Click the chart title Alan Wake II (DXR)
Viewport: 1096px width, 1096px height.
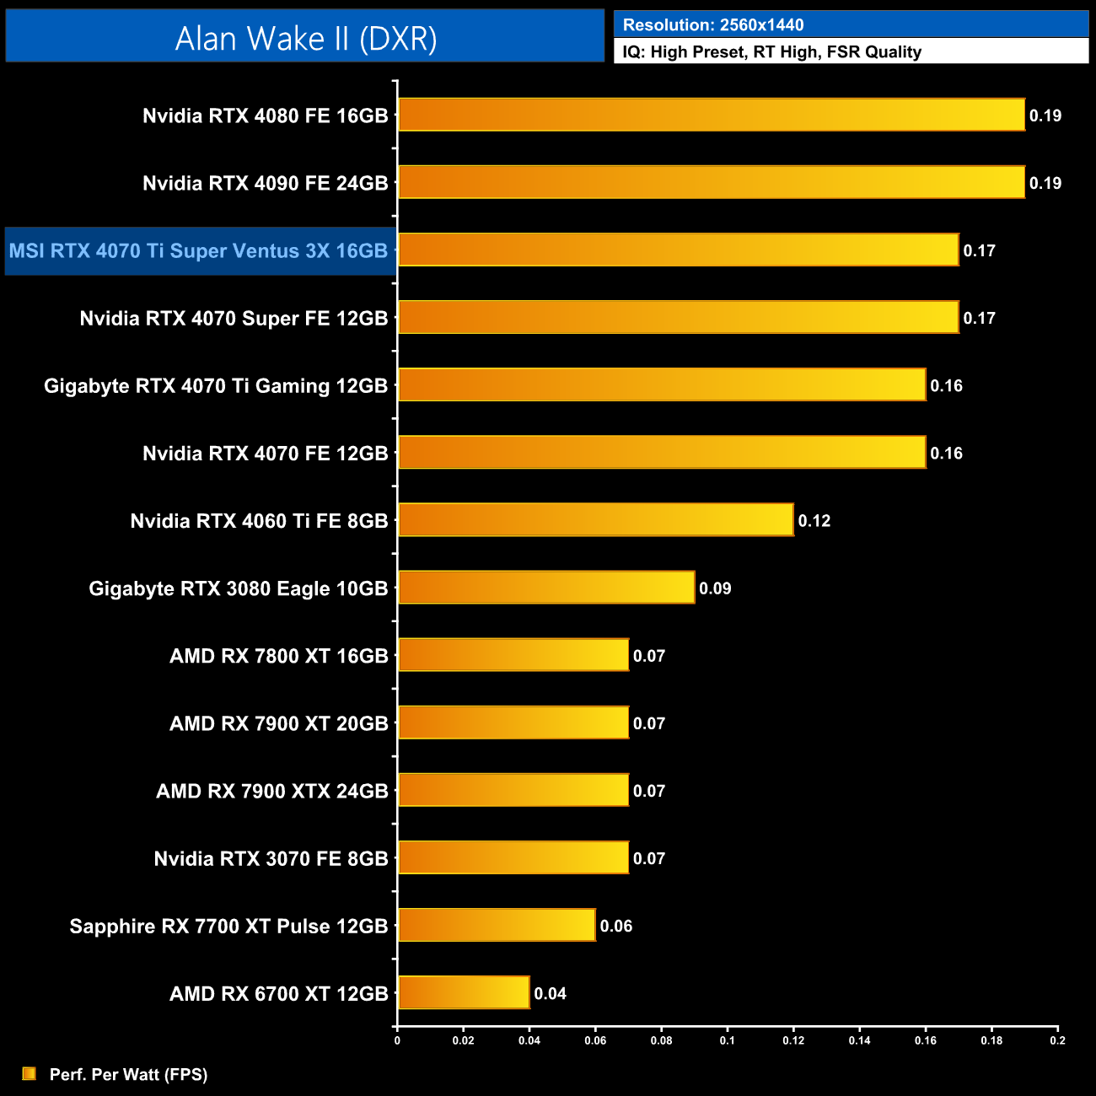click(305, 38)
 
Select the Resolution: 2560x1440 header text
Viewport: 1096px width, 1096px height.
click(712, 25)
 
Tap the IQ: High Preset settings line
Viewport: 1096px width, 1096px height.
click(771, 52)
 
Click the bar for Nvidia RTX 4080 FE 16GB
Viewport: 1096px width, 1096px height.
click(711, 115)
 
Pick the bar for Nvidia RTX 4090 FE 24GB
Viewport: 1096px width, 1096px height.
click(711, 182)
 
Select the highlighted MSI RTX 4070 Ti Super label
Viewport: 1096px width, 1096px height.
click(199, 251)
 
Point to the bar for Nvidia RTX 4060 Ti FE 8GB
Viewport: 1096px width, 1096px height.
click(595, 519)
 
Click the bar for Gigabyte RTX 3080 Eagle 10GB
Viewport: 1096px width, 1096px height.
click(546, 587)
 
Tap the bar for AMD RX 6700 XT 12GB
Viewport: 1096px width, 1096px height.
click(464, 992)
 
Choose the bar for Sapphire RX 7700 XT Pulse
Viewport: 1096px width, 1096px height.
click(497, 925)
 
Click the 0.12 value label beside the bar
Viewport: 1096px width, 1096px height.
click(814, 521)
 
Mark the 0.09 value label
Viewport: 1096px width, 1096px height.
click(715, 588)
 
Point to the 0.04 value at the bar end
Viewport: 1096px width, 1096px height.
click(550, 994)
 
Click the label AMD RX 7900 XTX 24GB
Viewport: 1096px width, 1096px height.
click(271, 792)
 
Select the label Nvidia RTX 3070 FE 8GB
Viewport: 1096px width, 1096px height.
click(271, 859)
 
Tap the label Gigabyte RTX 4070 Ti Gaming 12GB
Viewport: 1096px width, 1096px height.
click(216, 386)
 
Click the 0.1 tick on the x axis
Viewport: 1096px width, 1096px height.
click(727, 1040)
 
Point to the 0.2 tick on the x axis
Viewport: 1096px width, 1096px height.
click(1057, 1040)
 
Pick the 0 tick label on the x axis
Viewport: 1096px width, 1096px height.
click(397, 1040)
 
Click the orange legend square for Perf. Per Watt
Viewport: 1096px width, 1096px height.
click(30, 1073)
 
